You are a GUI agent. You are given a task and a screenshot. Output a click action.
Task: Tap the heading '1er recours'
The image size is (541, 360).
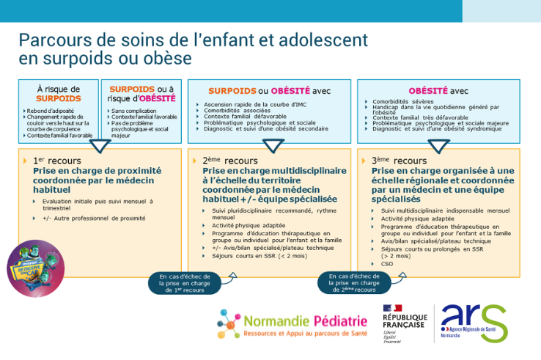point(57,160)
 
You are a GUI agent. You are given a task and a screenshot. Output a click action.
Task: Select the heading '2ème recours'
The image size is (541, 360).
point(228,160)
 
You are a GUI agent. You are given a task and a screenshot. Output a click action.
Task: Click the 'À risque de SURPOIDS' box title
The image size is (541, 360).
point(59,93)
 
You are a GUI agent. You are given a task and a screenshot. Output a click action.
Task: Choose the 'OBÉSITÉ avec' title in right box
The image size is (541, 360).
point(438,90)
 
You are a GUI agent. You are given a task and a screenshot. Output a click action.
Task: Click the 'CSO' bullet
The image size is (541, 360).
point(387,262)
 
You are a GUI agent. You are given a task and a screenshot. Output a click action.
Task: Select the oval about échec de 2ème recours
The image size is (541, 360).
point(349,282)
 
